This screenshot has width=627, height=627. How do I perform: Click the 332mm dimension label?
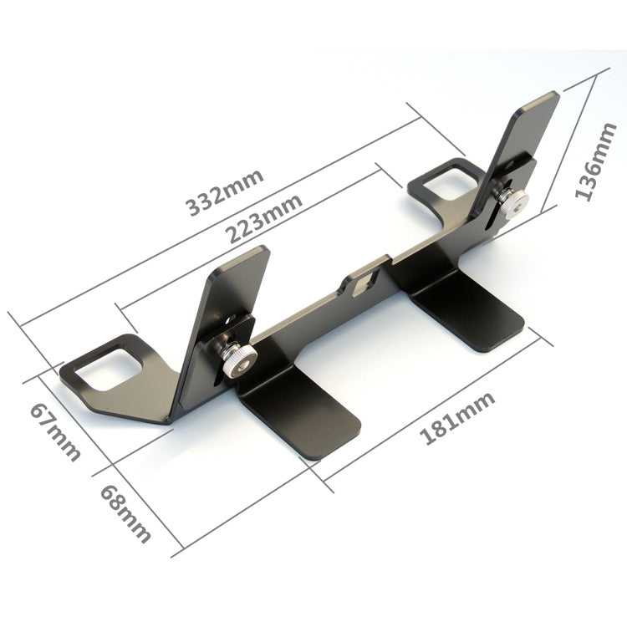tap(225, 192)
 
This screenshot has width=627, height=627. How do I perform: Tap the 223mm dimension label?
tap(265, 219)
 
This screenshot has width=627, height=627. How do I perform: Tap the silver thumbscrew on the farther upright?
tap(511, 200)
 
